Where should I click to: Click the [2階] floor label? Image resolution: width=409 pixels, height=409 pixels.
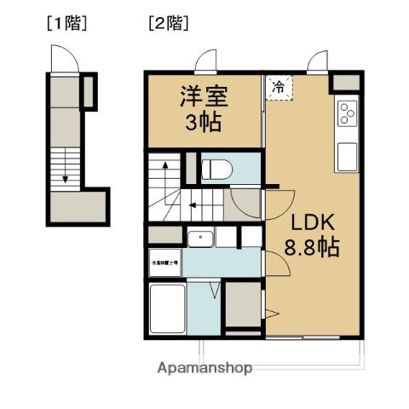tap(168, 23)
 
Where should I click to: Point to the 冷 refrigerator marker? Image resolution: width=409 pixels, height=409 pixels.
tap(279, 86)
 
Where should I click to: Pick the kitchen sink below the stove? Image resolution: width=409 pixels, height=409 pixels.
tap(348, 157)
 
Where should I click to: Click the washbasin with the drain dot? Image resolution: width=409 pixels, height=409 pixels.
tap(200, 238)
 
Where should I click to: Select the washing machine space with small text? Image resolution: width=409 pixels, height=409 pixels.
tap(164, 262)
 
